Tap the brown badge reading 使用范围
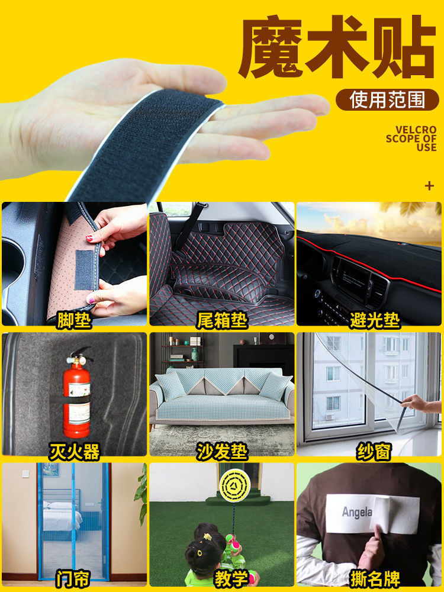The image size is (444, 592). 387,100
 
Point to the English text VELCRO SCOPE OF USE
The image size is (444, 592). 411,139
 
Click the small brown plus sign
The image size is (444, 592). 429,186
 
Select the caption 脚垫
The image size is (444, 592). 74,321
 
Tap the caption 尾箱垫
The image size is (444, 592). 222,321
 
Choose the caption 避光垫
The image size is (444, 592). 375,321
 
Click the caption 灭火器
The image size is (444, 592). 75,452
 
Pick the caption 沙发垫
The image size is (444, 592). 222,452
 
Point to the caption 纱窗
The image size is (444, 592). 374,452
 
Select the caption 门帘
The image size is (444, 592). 73,579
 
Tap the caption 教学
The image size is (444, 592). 231,579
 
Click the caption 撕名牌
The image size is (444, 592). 375,579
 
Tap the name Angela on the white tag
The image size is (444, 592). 357,512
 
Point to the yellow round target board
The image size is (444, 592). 235,485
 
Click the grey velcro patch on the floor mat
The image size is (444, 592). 84,270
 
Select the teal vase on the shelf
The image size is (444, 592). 194,354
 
